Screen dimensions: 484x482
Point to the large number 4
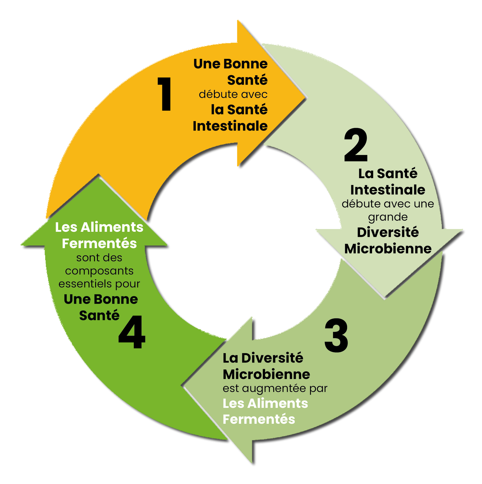132,332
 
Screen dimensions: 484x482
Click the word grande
388,217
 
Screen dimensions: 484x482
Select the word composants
99,271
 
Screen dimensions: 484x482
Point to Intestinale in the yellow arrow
230,126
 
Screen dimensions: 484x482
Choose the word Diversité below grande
388,232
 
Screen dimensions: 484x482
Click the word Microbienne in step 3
266,374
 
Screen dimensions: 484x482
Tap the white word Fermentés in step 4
99,244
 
